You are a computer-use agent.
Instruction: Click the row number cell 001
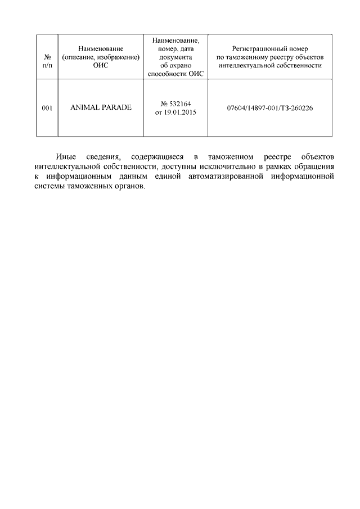pyautogui.click(x=47, y=107)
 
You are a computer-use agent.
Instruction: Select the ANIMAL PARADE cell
pyautogui.click(x=101, y=107)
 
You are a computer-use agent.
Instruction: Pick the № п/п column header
pyautogui.click(x=47, y=61)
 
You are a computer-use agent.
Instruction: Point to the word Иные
pyautogui.click(x=66, y=156)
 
